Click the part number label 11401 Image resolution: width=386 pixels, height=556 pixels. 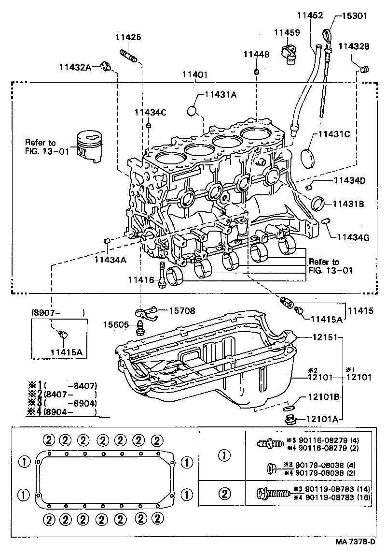tap(195, 75)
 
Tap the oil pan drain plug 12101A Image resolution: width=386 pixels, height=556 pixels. tap(289, 419)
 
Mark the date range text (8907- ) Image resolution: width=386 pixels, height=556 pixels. tap(58, 313)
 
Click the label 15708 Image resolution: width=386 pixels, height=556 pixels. tap(180, 311)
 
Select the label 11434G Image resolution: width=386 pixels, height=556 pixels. tap(353, 237)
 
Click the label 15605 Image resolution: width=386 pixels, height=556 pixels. tap(115, 324)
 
